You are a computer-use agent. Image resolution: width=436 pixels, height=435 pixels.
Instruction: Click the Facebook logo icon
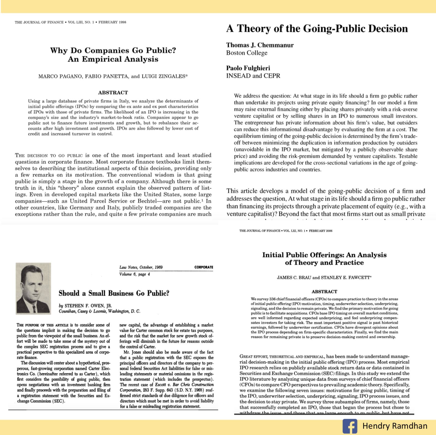[x=350, y=426]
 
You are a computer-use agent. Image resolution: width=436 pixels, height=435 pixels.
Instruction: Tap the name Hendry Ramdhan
[x=395, y=426]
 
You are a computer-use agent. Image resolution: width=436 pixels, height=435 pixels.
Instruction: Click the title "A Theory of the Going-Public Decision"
[x=317, y=29]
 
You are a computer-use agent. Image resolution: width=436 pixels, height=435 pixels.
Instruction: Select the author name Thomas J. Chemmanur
[x=260, y=45]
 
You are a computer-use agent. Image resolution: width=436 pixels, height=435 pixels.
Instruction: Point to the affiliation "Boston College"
[x=247, y=53]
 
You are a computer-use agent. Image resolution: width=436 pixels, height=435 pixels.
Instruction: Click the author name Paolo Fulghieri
[x=248, y=68]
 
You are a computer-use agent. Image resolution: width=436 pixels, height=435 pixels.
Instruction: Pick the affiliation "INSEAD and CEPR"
[x=253, y=76]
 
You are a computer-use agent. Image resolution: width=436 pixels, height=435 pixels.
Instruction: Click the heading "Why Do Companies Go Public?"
[x=113, y=50]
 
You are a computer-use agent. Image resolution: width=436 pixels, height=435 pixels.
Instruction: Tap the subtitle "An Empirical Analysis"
[x=113, y=59]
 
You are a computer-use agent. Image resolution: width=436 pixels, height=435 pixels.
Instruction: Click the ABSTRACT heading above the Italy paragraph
[x=113, y=92]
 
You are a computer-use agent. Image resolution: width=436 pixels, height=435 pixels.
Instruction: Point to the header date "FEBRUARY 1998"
[x=112, y=22]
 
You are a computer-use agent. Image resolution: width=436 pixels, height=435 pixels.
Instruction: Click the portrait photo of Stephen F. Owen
[x=33, y=288]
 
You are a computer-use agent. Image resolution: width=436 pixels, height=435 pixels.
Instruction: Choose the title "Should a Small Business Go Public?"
[x=114, y=293]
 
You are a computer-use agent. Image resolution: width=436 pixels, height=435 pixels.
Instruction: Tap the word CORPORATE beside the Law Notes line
[x=204, y=267]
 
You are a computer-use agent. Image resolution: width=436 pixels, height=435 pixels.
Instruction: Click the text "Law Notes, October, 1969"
[x=141, y=267]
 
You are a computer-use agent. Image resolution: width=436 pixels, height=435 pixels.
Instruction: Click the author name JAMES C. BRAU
[x=294, y=278]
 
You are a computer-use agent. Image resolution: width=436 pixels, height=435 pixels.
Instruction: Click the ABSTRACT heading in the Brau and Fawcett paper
[x=324, y=292]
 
